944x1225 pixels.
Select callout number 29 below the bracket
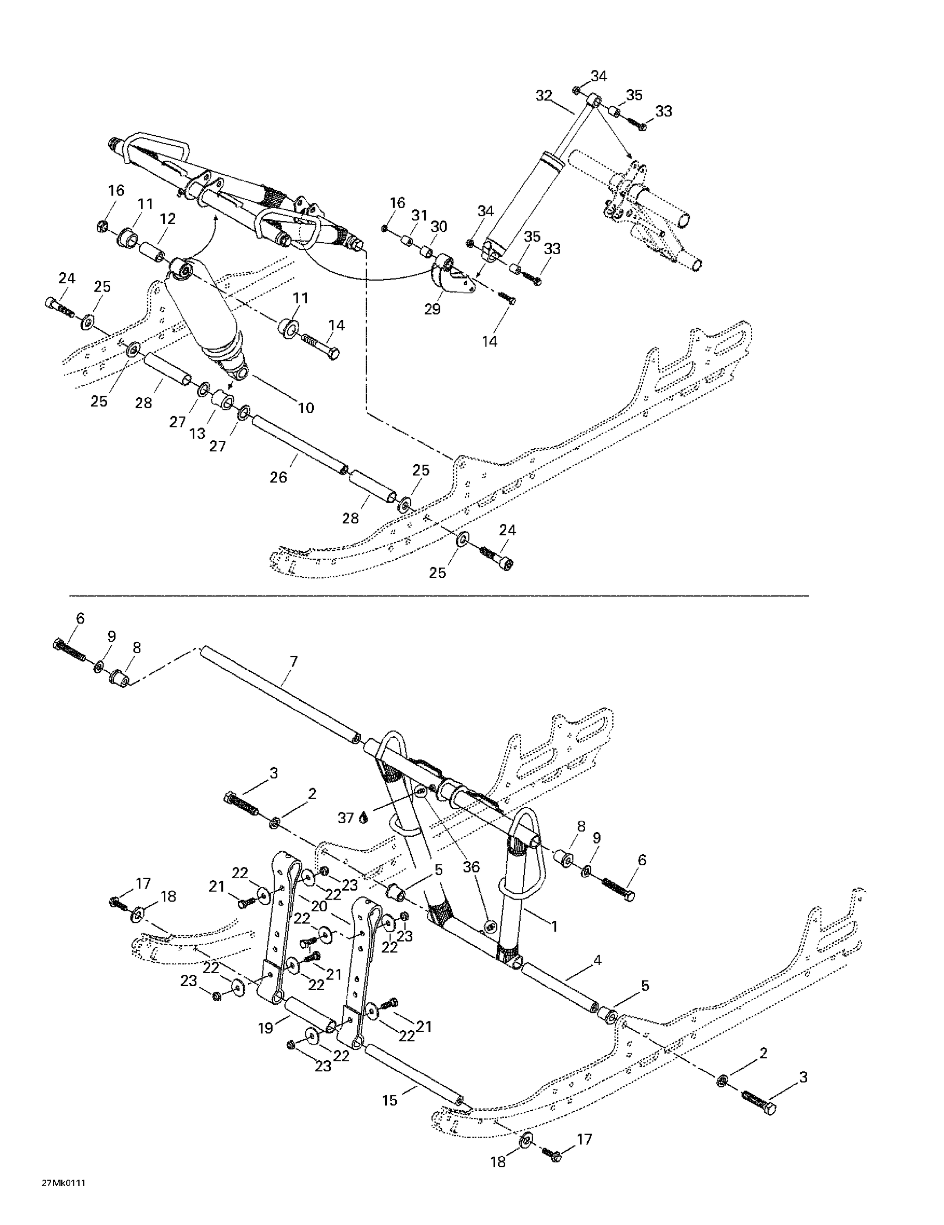[x=432, y=309]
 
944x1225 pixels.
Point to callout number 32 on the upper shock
[x=543, y=96]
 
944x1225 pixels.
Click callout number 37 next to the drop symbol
[x=345, y=818]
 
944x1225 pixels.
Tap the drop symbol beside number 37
[x=363, y=818]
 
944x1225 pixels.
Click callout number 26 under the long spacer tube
[x=278, y=477]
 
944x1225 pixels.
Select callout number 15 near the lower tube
[x=390, y=1100]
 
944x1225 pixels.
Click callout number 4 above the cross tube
[x=597, y=960]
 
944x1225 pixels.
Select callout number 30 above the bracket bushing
[x=438, y=227]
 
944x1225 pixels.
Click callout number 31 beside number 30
[x=419, y=215]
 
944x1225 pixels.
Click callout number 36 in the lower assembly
[x=471, y=867]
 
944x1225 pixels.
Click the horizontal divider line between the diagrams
[x=438, y=595]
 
